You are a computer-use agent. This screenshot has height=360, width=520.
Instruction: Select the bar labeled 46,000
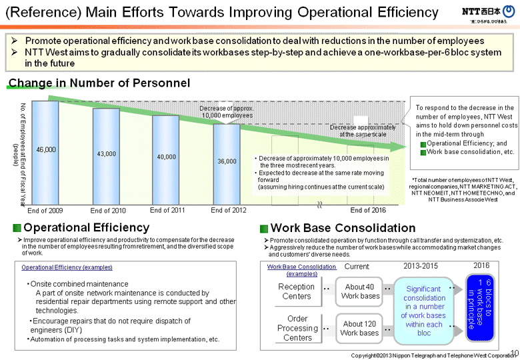coord(45,151)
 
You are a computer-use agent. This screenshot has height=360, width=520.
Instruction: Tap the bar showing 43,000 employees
coord(106,155)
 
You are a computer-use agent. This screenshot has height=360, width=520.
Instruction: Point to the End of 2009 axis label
coord(45,211)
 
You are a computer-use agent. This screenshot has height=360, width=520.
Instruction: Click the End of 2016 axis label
coord(368,211)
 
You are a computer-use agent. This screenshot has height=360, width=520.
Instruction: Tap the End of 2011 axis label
coord(167,211)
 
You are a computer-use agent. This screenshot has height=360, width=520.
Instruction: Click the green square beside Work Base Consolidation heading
coord(264,229)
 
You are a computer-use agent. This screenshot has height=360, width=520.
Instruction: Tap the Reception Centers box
coord(297,291)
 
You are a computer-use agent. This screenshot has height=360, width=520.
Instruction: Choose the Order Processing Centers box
coord(297,328)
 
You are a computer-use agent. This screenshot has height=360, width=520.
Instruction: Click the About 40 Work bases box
coord(360,291)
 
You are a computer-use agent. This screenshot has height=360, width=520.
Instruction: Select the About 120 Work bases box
coord(360,328)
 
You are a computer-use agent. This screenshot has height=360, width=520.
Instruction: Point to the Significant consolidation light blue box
coord(424,310)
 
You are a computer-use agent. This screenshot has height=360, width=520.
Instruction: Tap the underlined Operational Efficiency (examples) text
coord(67,267)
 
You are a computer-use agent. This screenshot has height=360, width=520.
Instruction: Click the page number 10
coord(513,351)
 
